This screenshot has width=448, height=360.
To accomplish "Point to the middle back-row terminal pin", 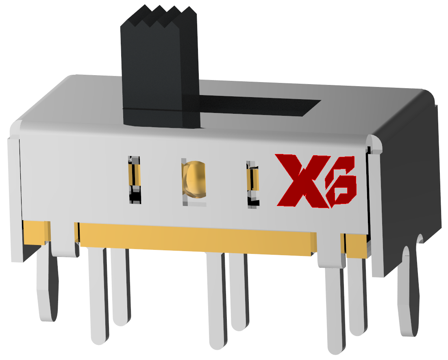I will tap(238, 293).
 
